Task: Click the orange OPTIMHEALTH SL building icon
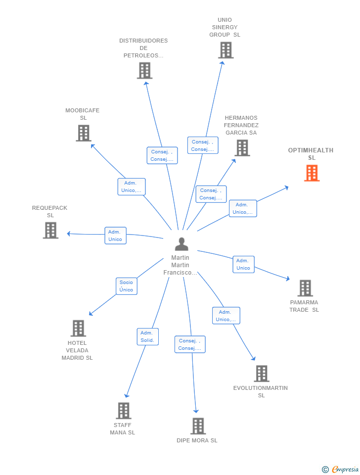(x=312, y=173)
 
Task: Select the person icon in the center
(x=181, y=244)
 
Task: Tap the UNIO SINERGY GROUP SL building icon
(x=225, y=50)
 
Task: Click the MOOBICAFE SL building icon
(x=84, y=133)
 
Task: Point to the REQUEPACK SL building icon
(x=50, y=230)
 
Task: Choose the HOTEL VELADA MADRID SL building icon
(x=78, y=328)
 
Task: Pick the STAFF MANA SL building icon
(x=123, y=410)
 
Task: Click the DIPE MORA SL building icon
(x=198, y=426)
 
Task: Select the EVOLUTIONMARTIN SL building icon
(x=262, y=374)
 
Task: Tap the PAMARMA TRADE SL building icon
(x=305, y=288)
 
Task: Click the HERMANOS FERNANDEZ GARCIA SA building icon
(x=242, y=147)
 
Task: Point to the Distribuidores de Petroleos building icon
(x=144, y=70)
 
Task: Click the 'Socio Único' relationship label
(x=127, y=286)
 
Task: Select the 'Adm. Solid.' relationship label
(x=147, y=336)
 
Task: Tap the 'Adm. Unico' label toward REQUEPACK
(x=115, y=236)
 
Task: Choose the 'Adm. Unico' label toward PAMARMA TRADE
(x=243, y=264)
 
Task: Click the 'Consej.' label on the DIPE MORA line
(x=190, y=344)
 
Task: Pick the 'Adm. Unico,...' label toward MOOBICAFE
(x=132, y=187)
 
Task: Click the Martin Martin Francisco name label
(x=180, y=265)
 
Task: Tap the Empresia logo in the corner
(x=341, y=469)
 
